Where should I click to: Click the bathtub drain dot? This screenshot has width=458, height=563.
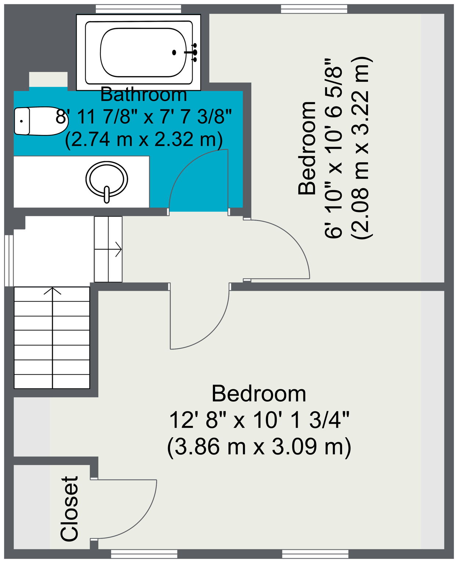pos(174,52)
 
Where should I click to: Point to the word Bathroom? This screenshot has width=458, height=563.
pos(143,95)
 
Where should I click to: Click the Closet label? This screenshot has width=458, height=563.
pos(69,508)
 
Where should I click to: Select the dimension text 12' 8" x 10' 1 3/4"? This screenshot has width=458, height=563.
pos(259,420)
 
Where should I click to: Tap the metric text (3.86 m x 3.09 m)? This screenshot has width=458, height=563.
pos(259,447)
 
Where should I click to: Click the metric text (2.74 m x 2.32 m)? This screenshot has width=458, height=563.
pos(143,140)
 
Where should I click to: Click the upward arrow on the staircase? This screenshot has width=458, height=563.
pos(52,291)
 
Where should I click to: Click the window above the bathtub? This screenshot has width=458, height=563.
pos(138,9)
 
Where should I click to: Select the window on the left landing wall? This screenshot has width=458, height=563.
pos(9,260)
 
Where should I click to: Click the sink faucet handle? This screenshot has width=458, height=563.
pos(107,195)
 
